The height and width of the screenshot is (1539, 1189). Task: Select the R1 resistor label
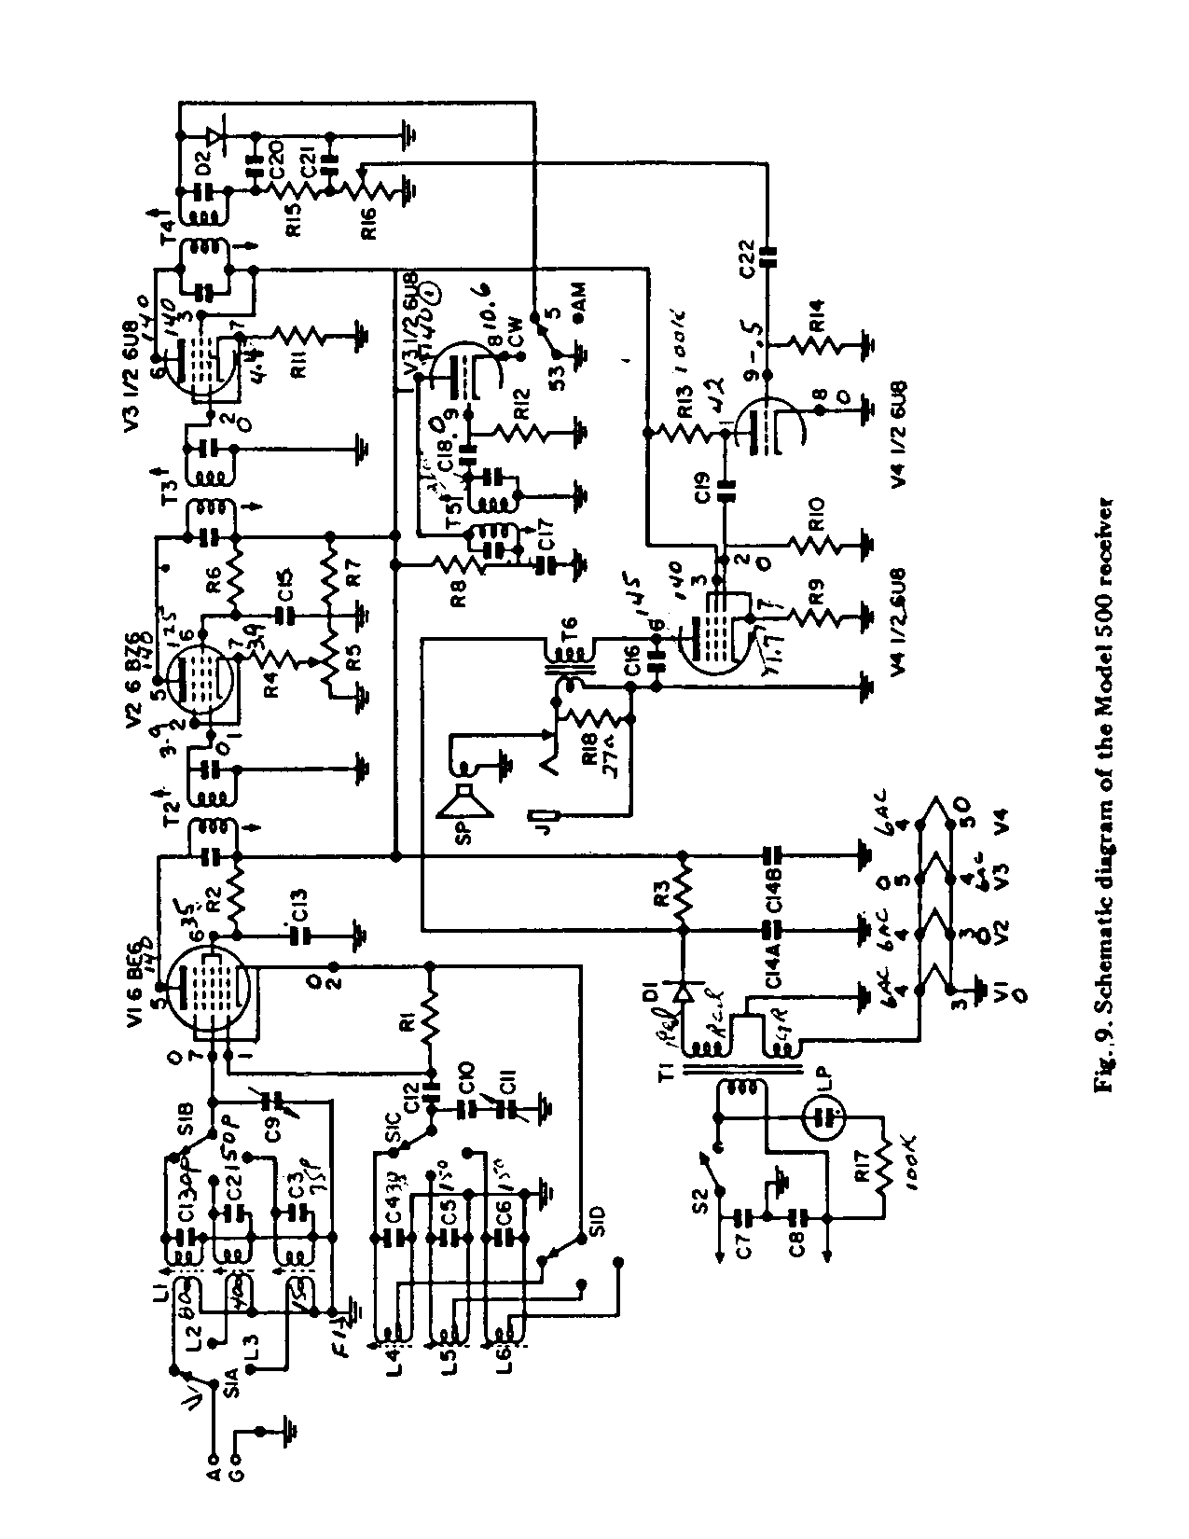[x=407, y=1022]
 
